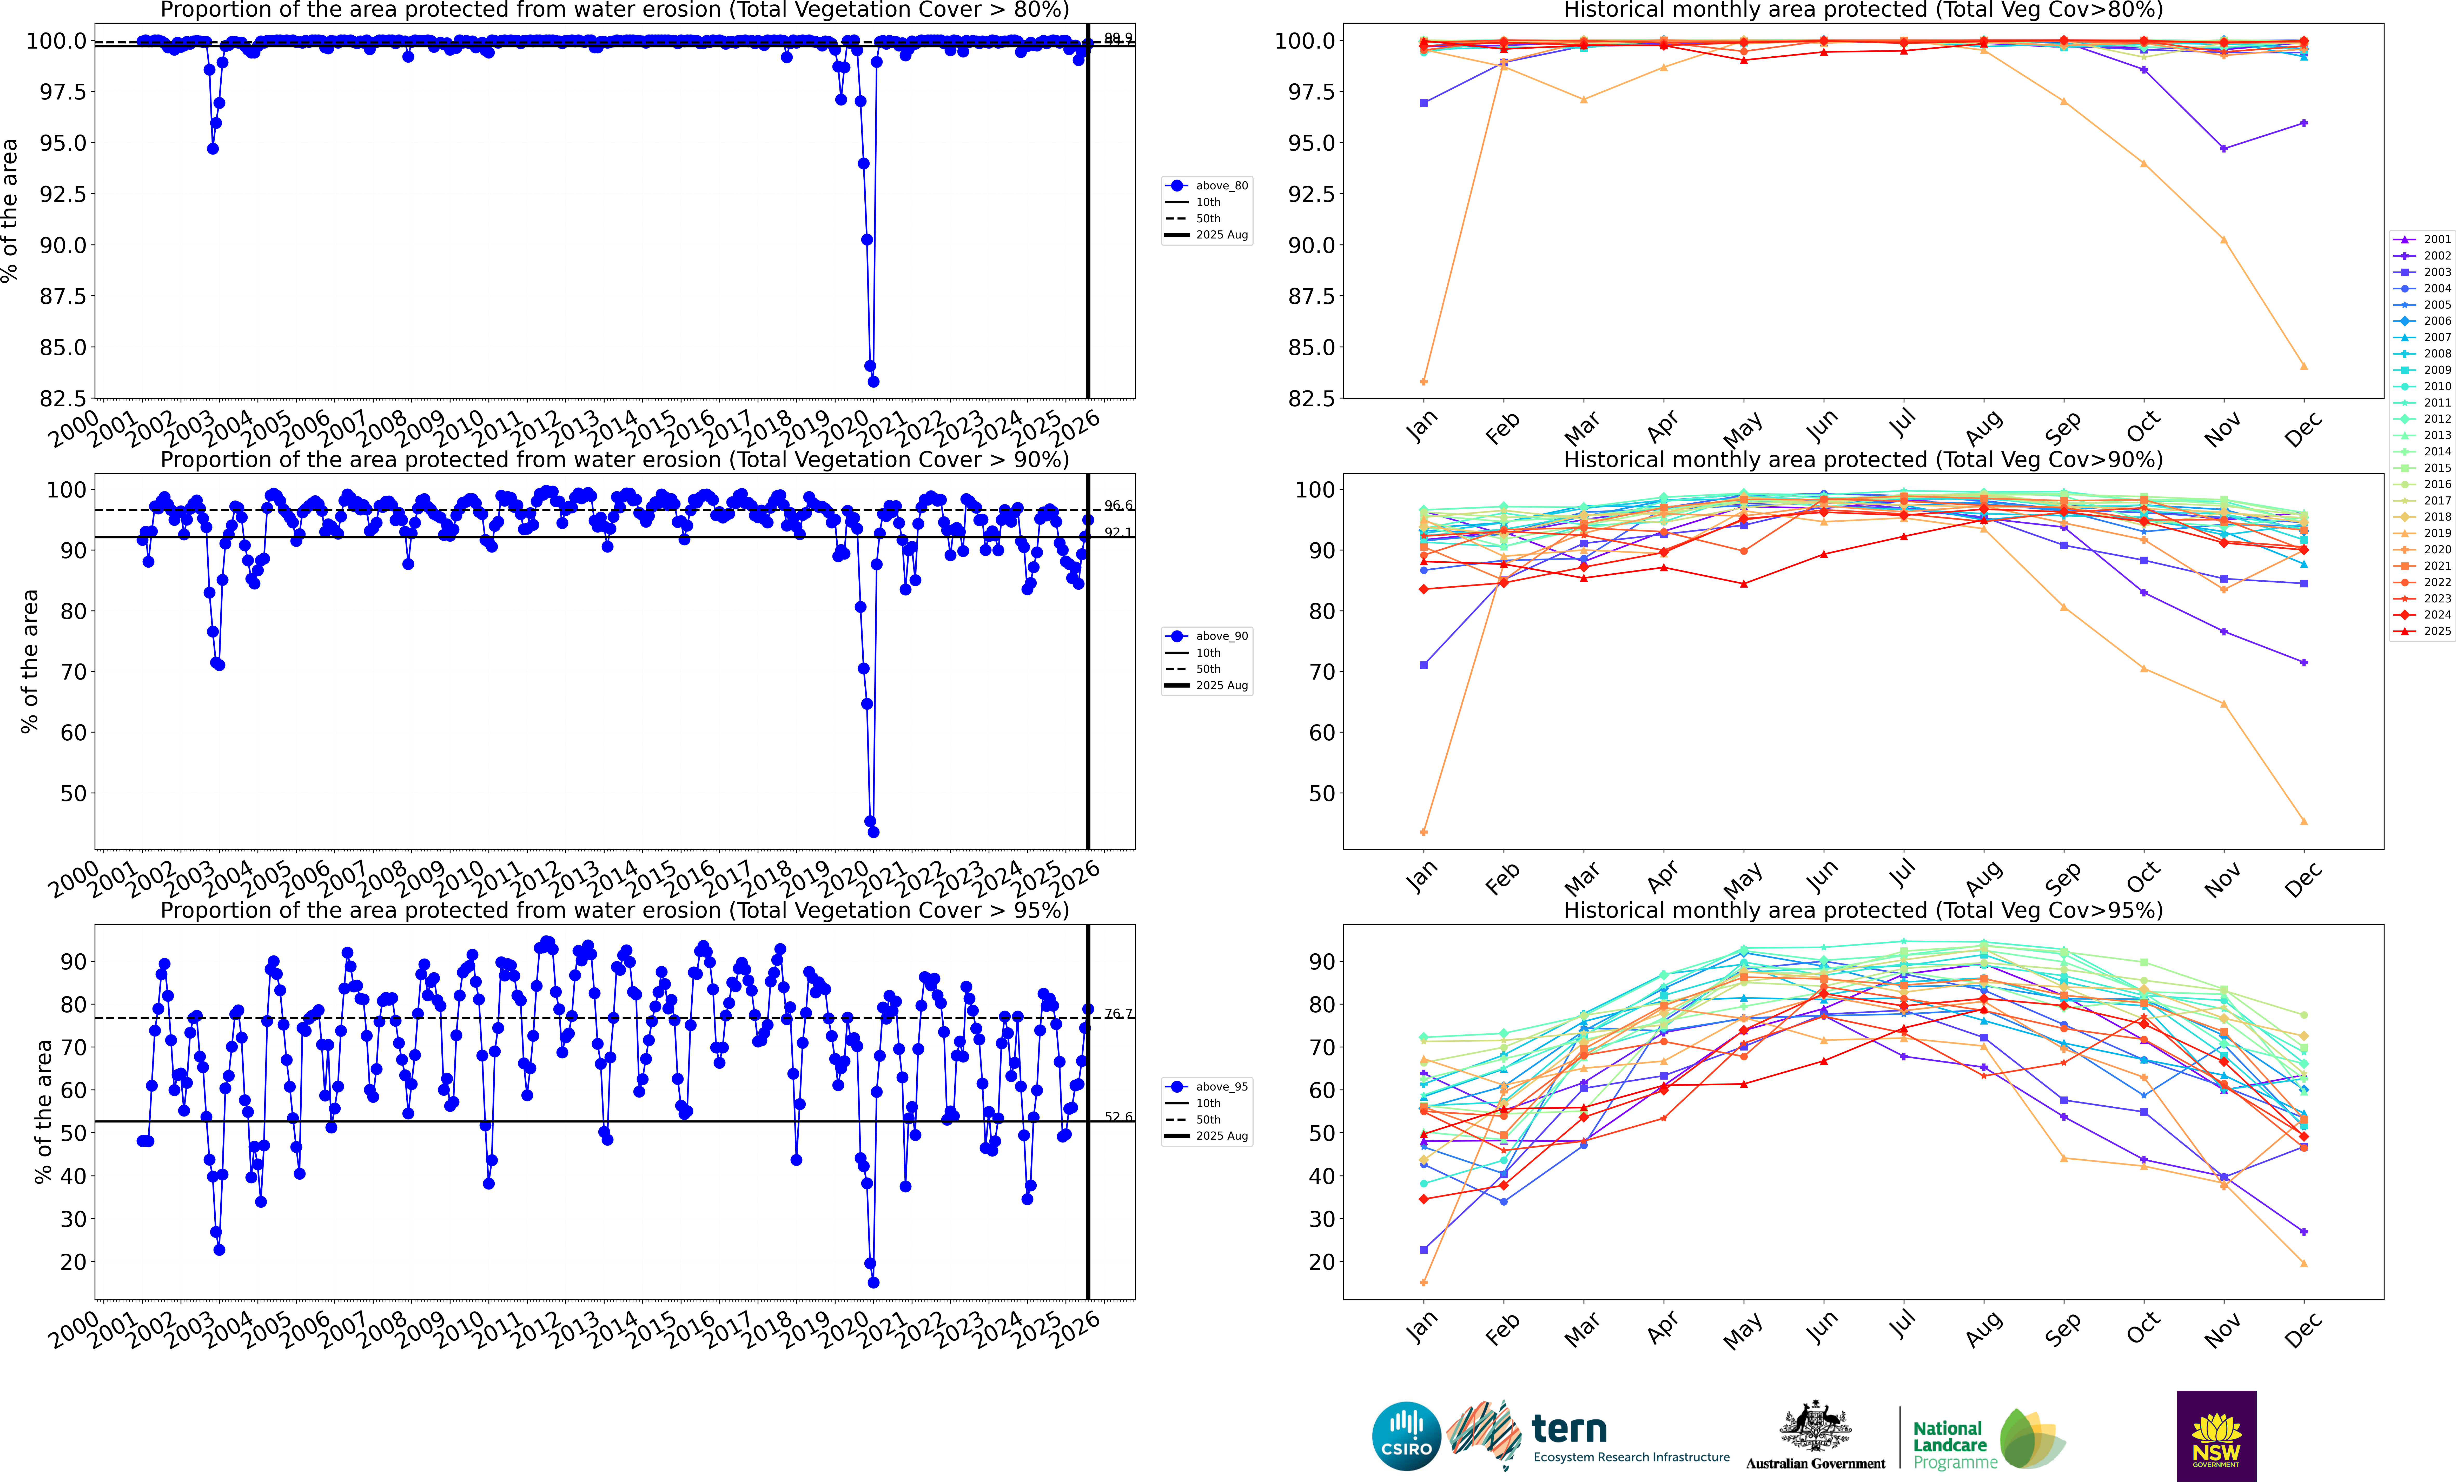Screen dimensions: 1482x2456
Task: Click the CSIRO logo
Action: tap(1405, 1436)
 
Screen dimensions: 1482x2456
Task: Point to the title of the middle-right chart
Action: tap(1863, 460)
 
